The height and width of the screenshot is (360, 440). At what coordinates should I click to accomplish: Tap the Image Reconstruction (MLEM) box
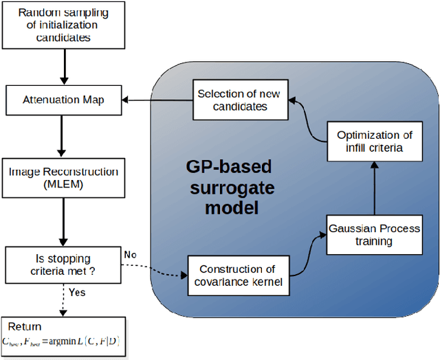tap(63, 177)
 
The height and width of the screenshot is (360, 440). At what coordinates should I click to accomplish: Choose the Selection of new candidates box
tap(238, 100)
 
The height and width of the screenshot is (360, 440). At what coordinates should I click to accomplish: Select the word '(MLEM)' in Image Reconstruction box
tap(63, 184)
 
